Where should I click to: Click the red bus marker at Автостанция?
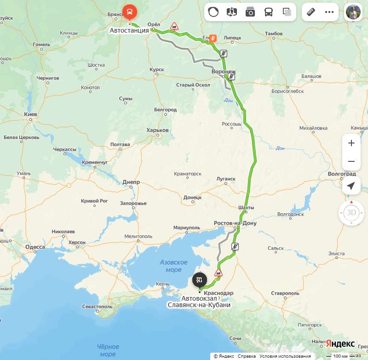[129, 11]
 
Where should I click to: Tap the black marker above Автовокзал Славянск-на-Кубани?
[200, 279]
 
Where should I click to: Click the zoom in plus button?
[351, 143]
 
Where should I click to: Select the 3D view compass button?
[351, 212]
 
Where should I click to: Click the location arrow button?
[351, 185]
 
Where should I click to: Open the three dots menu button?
[329, 12]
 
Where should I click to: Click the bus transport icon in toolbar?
[269, 12]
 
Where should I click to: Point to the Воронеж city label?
[224, 72]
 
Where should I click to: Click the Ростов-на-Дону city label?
[235, 223]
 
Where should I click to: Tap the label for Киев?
[30, 114]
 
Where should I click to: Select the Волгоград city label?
[342, 174]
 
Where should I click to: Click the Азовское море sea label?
[173, 266]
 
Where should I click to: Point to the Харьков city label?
[157, 130]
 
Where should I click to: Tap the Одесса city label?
[35, 247]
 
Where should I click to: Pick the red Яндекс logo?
[340, 344]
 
